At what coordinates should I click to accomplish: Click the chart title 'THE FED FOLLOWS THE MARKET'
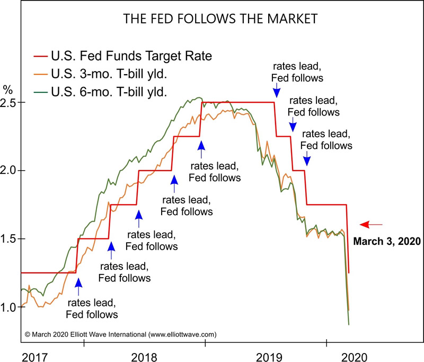[219, 20]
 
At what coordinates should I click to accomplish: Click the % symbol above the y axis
[7, 88]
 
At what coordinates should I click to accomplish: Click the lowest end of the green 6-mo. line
[349, 324]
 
